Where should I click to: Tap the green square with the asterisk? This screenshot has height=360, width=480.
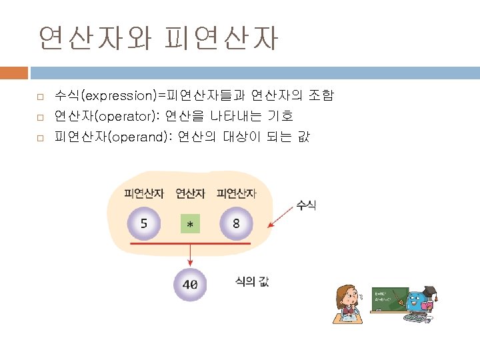point(190,225)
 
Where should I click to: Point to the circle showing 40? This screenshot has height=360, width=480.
point(190,284)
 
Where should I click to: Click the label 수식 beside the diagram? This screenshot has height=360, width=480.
point(307,205)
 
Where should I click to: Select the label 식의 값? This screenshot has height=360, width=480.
point(252,282)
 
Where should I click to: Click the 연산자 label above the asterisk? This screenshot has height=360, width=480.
point(190,194)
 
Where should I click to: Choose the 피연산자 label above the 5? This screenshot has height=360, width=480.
point(144,194)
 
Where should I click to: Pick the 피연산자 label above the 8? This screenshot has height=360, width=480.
point(236,194)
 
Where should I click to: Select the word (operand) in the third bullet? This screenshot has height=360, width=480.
point(140,137)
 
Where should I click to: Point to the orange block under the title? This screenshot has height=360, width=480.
point(14,73)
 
